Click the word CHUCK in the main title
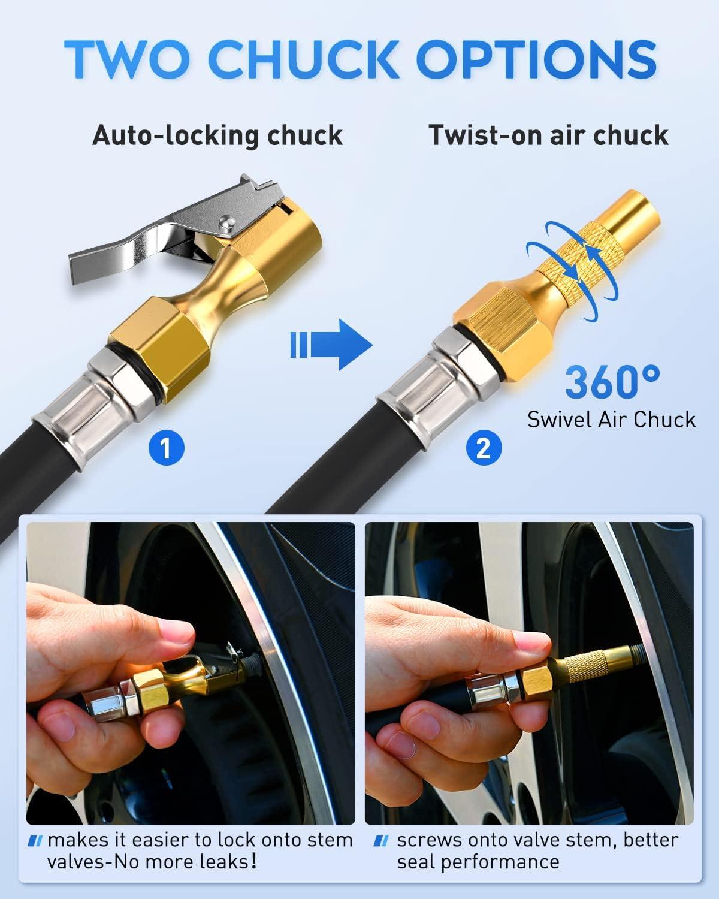click(x=311, y=58)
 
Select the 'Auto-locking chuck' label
click(x=217, y=135)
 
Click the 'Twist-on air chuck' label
click(x=548, y=135)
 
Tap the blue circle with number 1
click(x=166, y=448)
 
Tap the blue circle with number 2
click(x=483, y=448)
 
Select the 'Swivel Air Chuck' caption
click(x=611, y=419)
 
